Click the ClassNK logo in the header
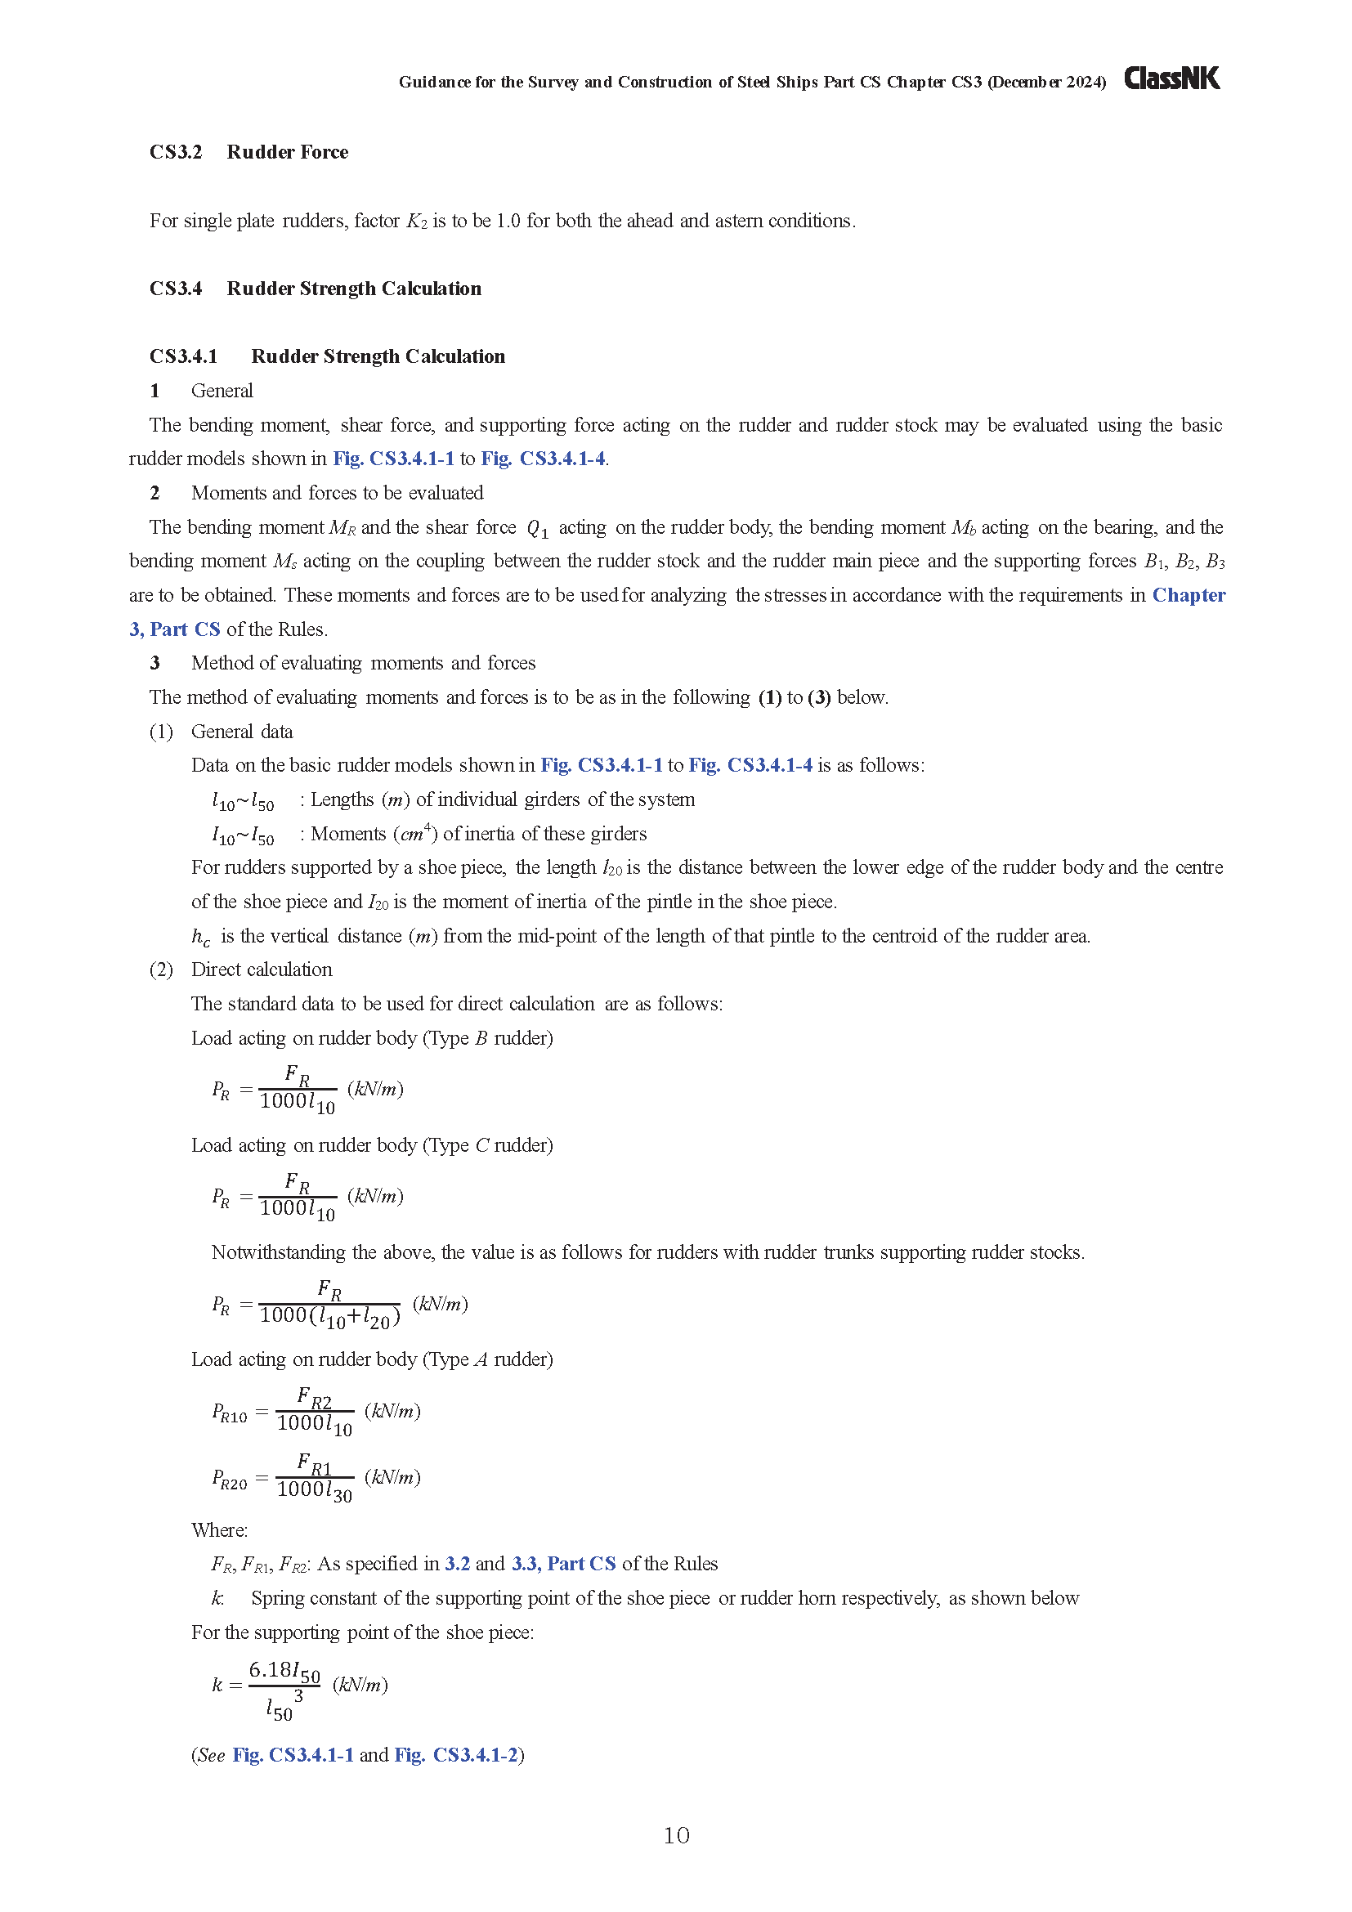[1171, 78]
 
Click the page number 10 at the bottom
[676, 1835]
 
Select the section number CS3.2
[176, 151]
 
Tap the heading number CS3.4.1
[183, 356]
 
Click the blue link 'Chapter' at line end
[1188, 594]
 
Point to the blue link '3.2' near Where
[457, 1563]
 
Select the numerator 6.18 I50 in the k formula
[284, 1671]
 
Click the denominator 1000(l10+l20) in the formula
[329, 1317]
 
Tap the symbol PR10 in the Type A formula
[229, 1413]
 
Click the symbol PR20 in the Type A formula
[229, 1479]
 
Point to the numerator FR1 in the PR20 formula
[314, 1463]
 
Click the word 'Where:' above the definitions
[220, 1529]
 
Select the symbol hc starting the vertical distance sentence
[200, 937]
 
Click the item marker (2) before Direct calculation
[162, 969]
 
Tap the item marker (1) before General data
[162, 731]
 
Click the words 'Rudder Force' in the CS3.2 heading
[287, 151]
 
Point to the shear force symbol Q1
[538, 528]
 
